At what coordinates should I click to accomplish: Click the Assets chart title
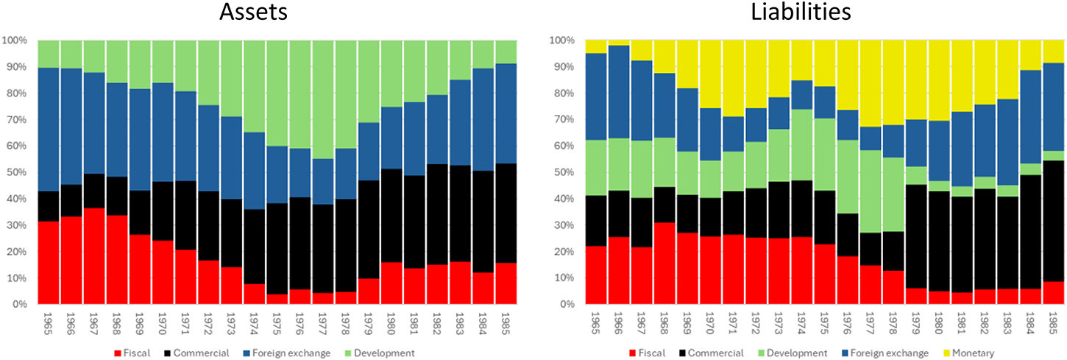[x=253, y=12]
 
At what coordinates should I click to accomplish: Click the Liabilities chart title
[x=801, y=12]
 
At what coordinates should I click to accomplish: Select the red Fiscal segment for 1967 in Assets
[x=94, y=256]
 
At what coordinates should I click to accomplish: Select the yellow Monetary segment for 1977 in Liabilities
[x=871, y=83]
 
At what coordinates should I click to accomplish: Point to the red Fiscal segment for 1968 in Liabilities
[x=664, y=264]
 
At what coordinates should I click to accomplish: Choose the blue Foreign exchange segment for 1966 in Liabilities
[x=619, y=92]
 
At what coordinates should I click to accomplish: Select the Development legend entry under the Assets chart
[x=379, y=353]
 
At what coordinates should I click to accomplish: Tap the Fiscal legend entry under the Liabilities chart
[x=647, y=353]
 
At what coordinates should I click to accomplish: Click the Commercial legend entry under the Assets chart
[x=196, y=353]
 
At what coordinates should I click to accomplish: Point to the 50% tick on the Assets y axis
[x=17, y=172]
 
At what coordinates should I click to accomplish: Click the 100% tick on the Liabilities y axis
[x=562, y=40]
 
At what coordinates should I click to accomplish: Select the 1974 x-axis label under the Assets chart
[x=253, y=324]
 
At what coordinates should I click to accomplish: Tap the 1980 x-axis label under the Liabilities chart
[x=939, y=324]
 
